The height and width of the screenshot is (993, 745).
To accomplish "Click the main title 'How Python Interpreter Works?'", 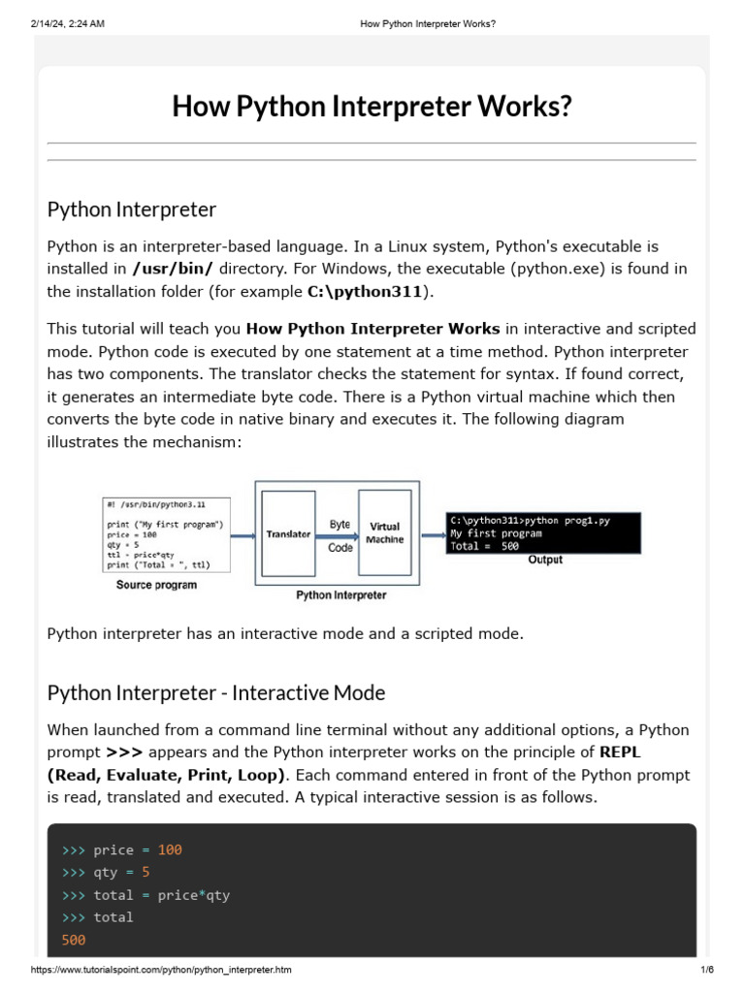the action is pos(372,106).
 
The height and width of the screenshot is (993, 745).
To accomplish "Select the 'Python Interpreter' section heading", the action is pos(132,209).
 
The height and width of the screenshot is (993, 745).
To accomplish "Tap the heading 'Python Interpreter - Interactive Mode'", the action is pos(216,692).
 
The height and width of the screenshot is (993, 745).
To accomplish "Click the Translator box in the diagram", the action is pos(288,533).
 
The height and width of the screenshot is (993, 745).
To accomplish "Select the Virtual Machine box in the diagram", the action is pos(384,532).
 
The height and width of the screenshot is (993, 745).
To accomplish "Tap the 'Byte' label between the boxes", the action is pos(340,525).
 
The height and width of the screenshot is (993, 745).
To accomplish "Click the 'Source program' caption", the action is pos(156,585).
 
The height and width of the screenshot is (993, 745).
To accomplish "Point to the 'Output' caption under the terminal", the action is pos(545,560).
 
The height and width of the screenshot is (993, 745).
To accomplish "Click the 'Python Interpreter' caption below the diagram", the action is pos(340,595).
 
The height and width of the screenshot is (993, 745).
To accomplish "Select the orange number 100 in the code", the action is pos(170,849).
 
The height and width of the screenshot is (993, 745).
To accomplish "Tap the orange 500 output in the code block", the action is pos(74,939).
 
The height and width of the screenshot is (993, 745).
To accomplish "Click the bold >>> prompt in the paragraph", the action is pos(124,752).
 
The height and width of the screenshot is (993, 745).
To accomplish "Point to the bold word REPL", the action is pos(620,752).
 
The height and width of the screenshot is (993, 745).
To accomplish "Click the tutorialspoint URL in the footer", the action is pos(161,970).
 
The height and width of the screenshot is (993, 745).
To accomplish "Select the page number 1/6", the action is pos(706,970).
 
